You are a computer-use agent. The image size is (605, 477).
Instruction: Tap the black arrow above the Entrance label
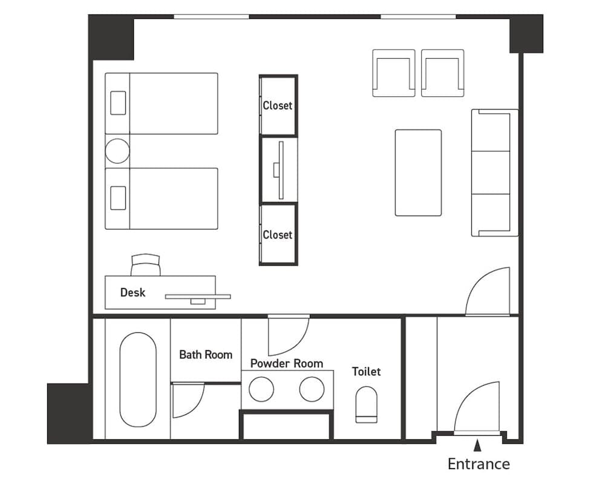[x=477, y=446]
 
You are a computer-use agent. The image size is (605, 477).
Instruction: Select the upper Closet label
[x=277, y=105]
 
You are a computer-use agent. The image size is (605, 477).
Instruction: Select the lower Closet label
[x=277, y=235]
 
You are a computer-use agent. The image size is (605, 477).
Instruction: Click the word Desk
[x=132, y=292]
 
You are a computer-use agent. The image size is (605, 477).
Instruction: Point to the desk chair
[x=146, y=265]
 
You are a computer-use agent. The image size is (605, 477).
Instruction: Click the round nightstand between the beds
[x=117, y=151]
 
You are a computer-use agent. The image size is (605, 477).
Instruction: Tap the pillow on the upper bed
[x=117, y=103]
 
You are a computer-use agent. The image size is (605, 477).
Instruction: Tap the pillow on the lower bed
[x=117, y=198]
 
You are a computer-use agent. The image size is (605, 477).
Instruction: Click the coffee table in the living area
[x=418, y=173]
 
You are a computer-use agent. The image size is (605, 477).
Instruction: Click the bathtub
[x=137, y=380]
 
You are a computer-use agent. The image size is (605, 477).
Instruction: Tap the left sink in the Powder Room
[x=261, y=389]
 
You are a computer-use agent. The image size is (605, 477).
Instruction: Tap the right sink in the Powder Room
[x=312, y=389]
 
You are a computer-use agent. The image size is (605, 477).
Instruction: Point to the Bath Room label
[x=206, y=355]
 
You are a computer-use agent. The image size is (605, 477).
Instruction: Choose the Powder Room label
[x=287, y=364]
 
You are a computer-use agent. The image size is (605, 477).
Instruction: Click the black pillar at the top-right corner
[x=525, y=34]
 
